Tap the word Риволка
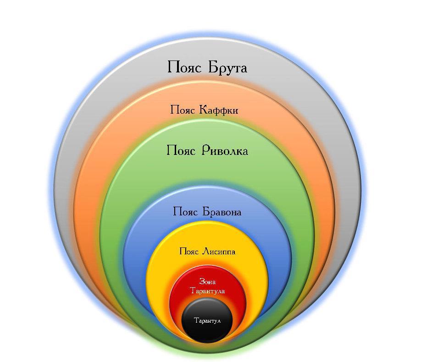(224, 150)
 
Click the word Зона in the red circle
(207, 281)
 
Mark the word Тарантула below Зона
(207, 291)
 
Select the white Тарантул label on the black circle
(207, 321)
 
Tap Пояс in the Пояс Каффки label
(183, 110)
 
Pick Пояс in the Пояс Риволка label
(181, 150)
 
